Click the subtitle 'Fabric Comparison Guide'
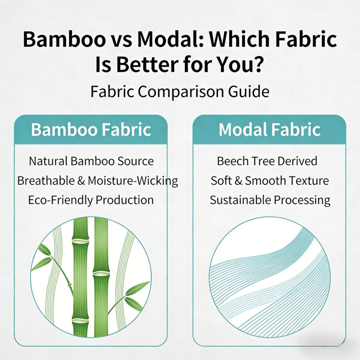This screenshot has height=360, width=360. click(180, 92)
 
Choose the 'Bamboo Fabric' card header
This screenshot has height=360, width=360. click(91, 129)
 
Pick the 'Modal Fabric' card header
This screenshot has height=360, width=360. click(269, 129)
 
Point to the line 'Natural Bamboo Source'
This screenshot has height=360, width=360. click(91, 161)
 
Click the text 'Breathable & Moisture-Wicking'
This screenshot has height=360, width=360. click(98, 181)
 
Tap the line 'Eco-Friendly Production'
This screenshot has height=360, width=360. click(91, 200)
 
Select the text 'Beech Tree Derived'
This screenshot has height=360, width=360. click(267, 161)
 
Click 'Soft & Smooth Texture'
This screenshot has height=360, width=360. click(270, 181)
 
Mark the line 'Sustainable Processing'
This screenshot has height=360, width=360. click(270, 200)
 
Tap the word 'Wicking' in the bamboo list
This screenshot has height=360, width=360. click(157, 181)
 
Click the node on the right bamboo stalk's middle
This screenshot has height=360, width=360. click(101, 273)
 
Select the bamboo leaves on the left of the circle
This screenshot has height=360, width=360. click(43, 256)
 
